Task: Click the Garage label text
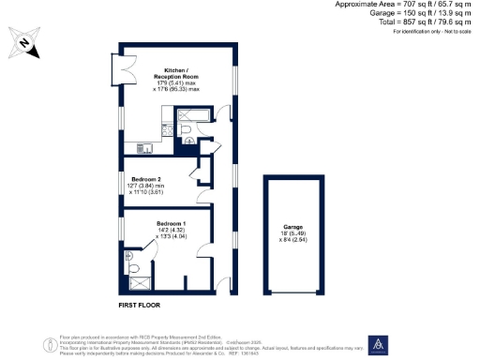coord(293,227)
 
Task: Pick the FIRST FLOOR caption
coord(143,306)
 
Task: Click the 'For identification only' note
coord(434,32)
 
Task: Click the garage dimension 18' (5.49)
coord(293,233)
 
